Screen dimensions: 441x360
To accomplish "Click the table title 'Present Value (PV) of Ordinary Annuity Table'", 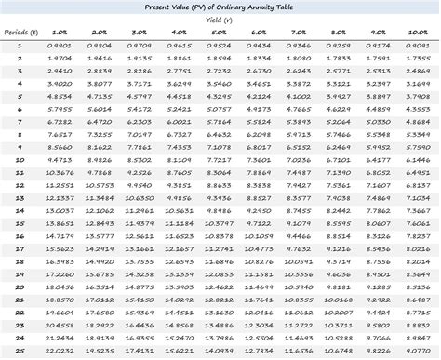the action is (220, 7).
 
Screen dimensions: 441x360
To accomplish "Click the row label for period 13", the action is (20, 198).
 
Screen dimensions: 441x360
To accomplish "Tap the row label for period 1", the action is (20, 44).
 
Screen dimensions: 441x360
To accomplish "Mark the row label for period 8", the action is (20, 134).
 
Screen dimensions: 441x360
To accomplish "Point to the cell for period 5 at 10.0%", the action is (419, 95).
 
